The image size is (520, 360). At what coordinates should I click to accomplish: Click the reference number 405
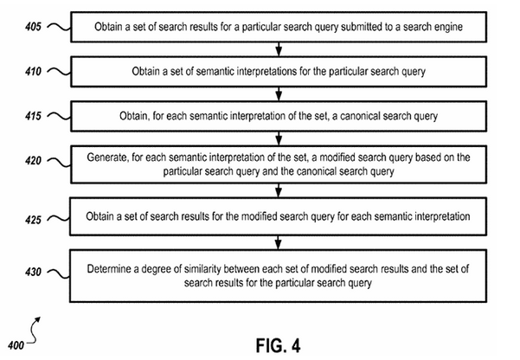coord(33,27)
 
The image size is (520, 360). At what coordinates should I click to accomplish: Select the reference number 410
coord(33,71)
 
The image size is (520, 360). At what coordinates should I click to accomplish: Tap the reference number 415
coord(33,116)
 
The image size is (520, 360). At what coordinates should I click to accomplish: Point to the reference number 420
coord(33,161)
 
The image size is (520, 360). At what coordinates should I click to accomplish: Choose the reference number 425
coord(33,220)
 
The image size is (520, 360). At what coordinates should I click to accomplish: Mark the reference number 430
coord(33,272)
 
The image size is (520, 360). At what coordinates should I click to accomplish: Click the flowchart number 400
coord(16,345)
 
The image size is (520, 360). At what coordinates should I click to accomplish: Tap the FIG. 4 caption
coord(279,345)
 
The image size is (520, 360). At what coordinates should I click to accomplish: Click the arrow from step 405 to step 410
coord(279,49)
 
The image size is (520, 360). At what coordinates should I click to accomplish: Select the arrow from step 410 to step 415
coord(279,94)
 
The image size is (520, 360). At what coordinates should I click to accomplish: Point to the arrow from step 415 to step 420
coord(279,138)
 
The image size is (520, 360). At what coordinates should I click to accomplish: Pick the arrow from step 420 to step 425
coord(279,190)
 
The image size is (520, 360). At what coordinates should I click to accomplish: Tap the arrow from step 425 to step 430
coord(279,242)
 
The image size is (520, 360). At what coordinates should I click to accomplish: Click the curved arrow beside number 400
coord(33,330)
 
